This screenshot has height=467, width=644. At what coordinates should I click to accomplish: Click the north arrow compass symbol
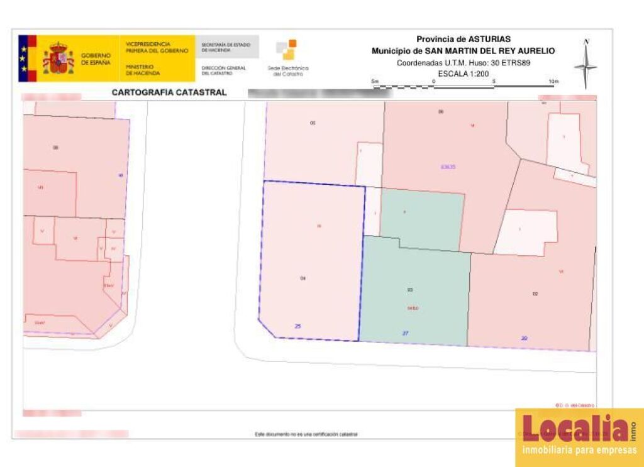point(586,65)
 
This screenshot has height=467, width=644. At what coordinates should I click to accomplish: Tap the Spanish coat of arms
point(58,59)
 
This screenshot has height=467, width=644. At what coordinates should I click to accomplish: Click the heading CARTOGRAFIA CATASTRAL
point(169,92)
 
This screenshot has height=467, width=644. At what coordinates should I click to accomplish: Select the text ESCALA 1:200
point(463,74)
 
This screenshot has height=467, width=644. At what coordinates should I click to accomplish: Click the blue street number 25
point(298,326)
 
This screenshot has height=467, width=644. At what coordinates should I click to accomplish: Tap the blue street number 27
point(405,333)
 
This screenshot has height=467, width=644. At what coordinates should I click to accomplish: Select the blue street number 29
point(524,338)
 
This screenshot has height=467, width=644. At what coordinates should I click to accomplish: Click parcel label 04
point(303,278)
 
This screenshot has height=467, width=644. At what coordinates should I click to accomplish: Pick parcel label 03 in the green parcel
point(410,290)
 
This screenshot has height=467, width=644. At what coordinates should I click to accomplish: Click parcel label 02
point(535,294)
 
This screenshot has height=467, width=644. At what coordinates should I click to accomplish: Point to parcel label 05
point(313,123)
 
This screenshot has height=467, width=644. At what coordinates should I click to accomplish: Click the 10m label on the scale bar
point(553,82)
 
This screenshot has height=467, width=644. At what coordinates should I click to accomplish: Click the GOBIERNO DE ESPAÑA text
point(96,59)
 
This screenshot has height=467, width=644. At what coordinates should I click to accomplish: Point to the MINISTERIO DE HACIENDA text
point(139,70)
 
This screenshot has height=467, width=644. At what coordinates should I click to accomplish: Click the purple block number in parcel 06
point(448,167)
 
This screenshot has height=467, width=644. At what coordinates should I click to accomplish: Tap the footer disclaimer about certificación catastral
point(307,434)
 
